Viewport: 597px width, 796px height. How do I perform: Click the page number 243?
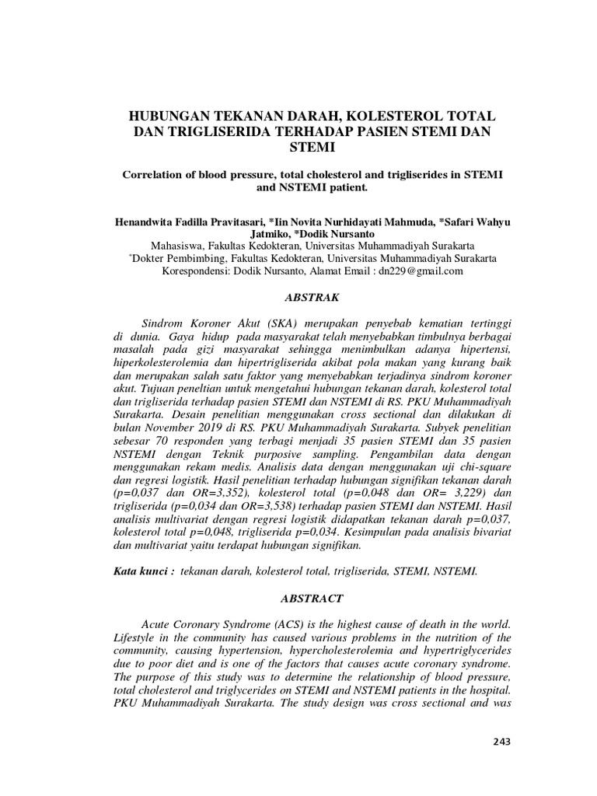coord(501,742)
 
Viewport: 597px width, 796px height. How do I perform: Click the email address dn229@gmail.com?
coord(421,271)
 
